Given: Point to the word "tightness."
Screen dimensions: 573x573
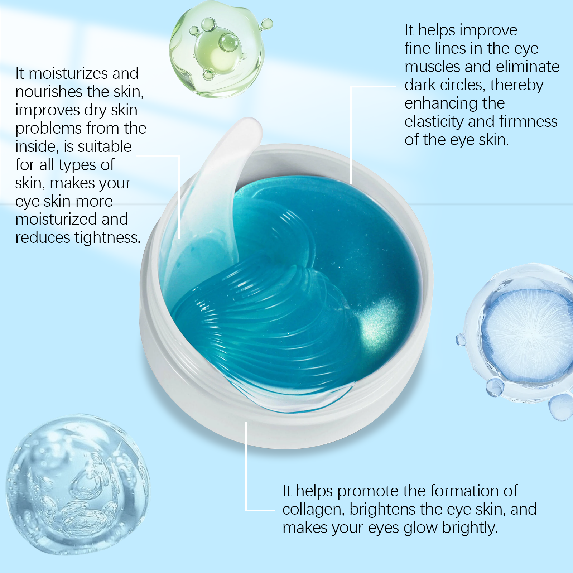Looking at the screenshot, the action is pyautogui.click(x=107, y=238).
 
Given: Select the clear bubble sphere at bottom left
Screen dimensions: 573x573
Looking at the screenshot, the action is pyautogui.click(x=78, y=485).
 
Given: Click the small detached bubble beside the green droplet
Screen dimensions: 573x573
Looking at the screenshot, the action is pyautogui.click(x=266, y=24).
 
